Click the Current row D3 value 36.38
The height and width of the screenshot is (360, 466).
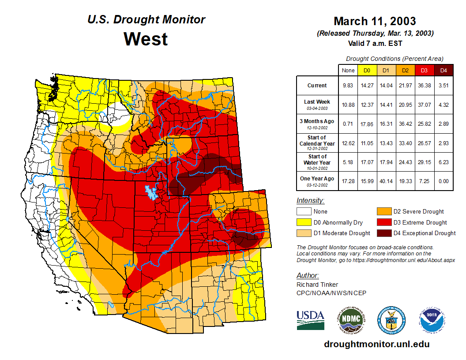(x=424, y=86)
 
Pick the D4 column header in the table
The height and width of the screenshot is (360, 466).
(x=443, y=71)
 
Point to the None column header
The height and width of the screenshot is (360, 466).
(x=348, y=71)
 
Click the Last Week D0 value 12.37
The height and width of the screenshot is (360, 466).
(x=367, y=105)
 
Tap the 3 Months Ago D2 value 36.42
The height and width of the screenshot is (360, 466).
(x=405, y=124)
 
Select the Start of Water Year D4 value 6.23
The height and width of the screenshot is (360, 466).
(x=443, y=162)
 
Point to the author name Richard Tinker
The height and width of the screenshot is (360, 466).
(x=317, y=285)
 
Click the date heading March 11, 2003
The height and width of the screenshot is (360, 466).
(x=375, y=21)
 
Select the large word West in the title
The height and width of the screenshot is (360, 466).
(x=146, y=39)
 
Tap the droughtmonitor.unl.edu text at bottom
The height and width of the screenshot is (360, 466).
(x=376, y=344)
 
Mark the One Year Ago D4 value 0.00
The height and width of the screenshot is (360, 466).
(x=443, y=181)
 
